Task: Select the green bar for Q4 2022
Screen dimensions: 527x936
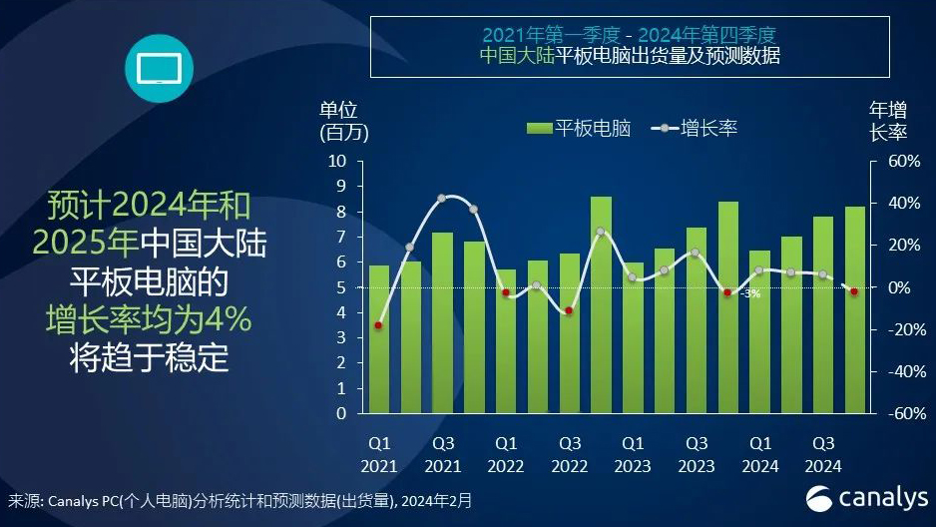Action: click(x=601, y=304)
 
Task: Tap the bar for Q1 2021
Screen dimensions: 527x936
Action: click(x=379, y=339)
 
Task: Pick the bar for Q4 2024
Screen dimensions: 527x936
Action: click(x=855, y=309)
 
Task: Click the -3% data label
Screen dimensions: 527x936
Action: click(x=750, y=293)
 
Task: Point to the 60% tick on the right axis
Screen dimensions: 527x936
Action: click(x=888, y=161)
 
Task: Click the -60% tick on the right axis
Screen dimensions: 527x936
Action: click(x=886, y=413)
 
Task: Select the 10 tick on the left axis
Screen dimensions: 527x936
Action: click(x=337, y=161)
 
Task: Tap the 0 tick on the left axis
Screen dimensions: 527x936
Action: click(x=341, y=413)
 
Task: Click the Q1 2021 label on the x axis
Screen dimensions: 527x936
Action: click(x=380, y=454)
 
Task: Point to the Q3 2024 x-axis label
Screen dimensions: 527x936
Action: click(x=823, y=454)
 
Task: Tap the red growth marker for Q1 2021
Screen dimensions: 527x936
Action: click(x=379, y=325)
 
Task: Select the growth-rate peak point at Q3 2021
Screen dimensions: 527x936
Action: click(x=442, y=199)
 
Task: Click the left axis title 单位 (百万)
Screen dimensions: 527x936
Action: click(x=339, y=120)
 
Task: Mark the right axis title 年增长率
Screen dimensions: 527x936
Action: click(x=888, y=120)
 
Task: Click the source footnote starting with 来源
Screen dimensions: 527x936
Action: click(x=239, y=499)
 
